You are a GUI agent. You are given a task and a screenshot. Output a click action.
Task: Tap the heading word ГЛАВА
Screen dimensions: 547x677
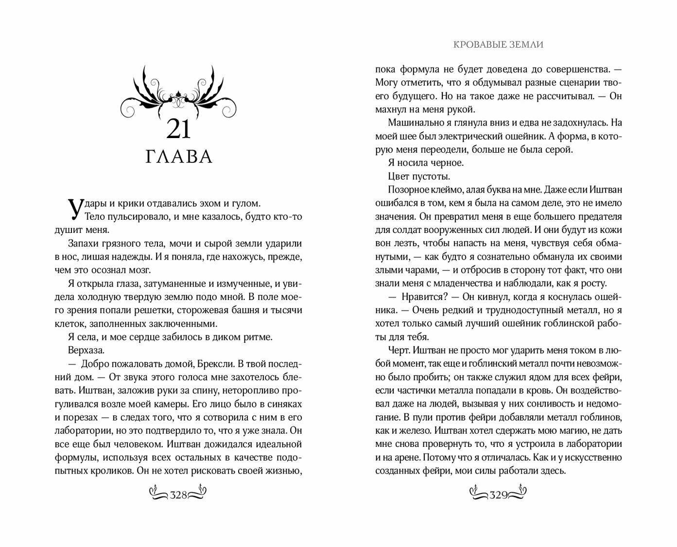pos(179,157)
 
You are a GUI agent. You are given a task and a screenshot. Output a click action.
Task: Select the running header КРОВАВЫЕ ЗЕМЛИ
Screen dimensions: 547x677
pos(498,44)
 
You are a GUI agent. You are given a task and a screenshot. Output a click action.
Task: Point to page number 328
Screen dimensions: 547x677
pos(178,495)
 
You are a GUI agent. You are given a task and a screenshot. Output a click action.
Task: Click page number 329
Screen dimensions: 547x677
pos(499,495)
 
